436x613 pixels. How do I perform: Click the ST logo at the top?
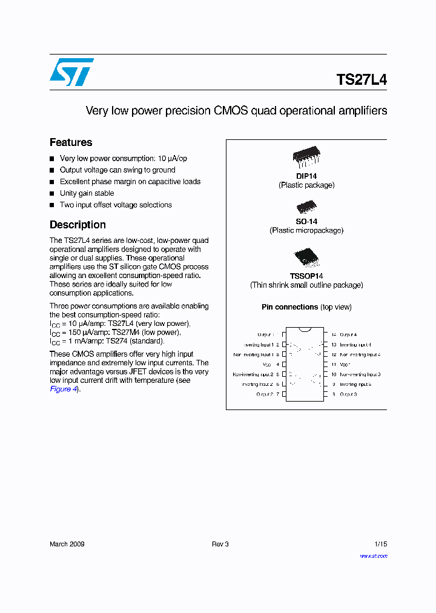tap(71, 72)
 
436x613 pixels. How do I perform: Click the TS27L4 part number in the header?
tap(362, 80)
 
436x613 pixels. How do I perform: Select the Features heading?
tap(71, 142)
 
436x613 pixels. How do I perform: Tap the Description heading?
tap(78, 225)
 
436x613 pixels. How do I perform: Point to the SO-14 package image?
tap(306, 208)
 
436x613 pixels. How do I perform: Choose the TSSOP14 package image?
tap(306, 257)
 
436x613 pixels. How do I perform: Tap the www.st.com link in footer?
tap(373, 555)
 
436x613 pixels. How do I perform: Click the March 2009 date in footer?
tap(67, 544)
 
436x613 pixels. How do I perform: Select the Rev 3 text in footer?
tap(220, 544)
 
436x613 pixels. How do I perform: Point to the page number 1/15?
tap(380, 544)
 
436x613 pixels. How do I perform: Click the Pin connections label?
tap(289, 307)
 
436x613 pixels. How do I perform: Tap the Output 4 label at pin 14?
tap(348, 334)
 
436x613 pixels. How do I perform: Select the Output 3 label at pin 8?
tap(348, 394)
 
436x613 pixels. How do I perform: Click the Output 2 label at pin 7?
tap(265, 394)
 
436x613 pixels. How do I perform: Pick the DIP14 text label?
tap(306, 176)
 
